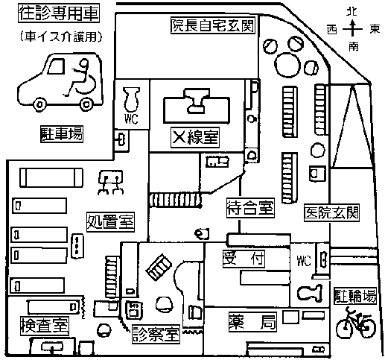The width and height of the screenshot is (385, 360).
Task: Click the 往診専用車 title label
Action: click(59, 13)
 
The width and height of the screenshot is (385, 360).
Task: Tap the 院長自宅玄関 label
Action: click(213, 25)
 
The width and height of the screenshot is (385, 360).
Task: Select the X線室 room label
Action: click(195, 137)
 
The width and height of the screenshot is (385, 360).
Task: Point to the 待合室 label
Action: click(250, 208)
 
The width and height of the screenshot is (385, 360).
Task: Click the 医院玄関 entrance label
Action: click(331, 212)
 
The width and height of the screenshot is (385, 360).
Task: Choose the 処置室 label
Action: click(110, 222)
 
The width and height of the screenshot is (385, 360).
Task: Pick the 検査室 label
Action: click(45, 326)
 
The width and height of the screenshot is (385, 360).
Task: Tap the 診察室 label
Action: click(156, 334)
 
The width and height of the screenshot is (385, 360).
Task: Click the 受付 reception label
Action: click(244, 259)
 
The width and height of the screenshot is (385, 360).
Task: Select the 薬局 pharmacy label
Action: click(252, 322)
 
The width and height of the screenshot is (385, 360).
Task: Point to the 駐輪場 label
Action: click(355, 296)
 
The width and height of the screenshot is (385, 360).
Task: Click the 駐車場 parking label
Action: click(62, 134)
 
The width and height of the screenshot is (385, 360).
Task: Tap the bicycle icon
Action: click(356, 323)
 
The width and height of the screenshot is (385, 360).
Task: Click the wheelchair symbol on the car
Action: click(80, 78)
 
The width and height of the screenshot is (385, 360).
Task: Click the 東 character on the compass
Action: click(375, 29)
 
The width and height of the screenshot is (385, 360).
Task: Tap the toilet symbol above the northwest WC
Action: click(132, 99)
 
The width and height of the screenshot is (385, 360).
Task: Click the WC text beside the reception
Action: click(304, 261)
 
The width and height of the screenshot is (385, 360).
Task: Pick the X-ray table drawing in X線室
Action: click(197, 106)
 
